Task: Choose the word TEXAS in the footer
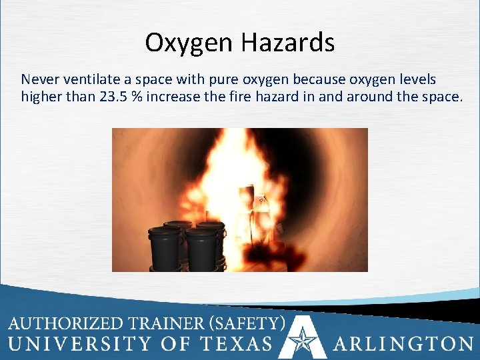[x=240, y=344]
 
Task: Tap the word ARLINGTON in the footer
[x=403, y=344]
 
